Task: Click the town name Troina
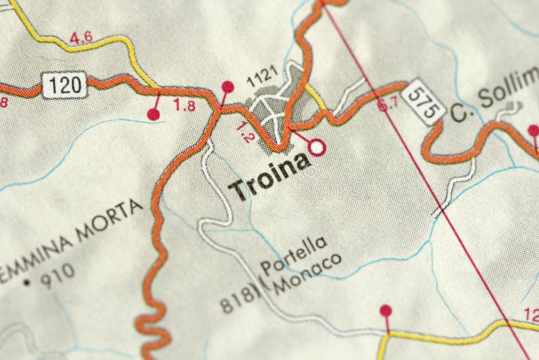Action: click(x=270, y=177)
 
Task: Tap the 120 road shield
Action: click(x=65, y=84)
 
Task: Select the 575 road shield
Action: click(x=422, y=101)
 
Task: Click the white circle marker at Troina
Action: click(x=317, y=146)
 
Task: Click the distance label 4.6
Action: click(x=81, y=38)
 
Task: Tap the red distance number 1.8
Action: click(x=184, y=104)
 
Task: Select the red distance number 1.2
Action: click(x=246, y=131)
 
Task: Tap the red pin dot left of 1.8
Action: click(x=154, y=115)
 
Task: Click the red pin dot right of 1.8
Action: click(x=228, y=86)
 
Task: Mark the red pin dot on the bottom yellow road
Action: click(x=385, y=310)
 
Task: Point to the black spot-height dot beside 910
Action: click(x=26, y=281)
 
